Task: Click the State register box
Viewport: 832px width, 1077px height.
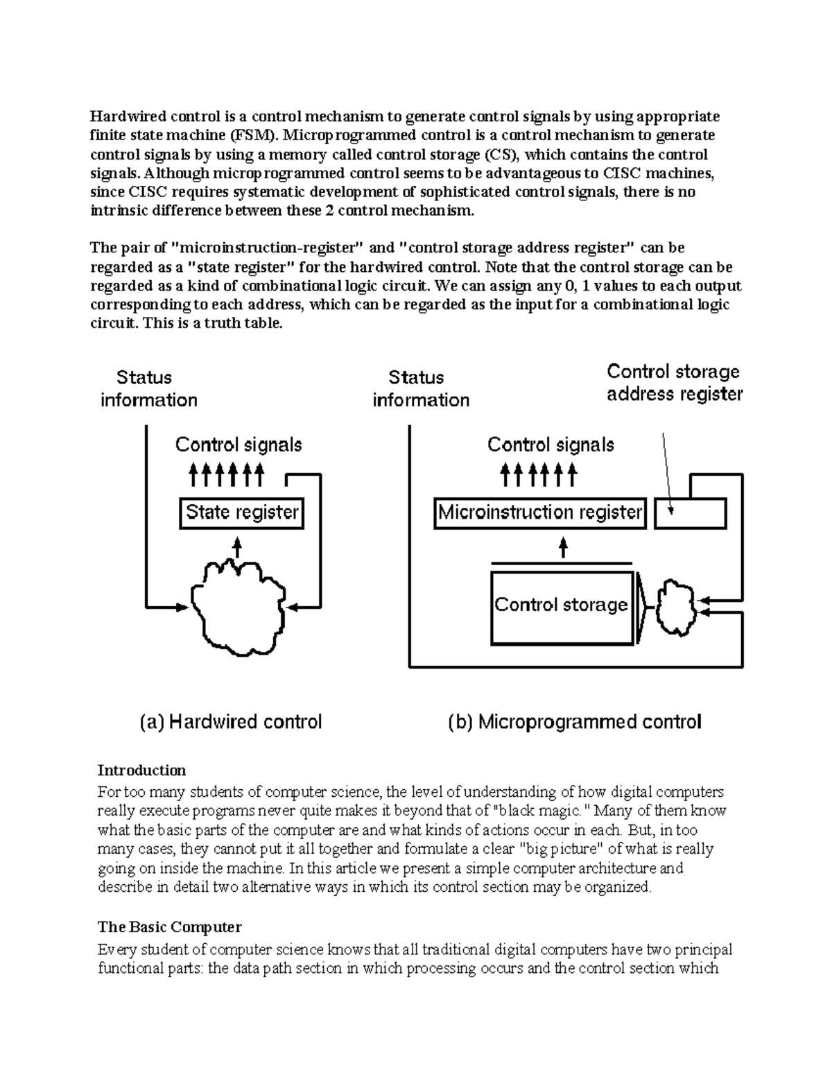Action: [x=241, y=513]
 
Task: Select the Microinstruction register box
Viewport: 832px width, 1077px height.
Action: [x=540, y=513]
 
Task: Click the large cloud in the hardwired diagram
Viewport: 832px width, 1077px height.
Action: [x=238, y=604]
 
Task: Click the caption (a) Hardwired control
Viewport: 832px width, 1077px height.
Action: [x=231, y=722]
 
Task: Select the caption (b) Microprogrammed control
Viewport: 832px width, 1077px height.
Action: [x=575, y=722]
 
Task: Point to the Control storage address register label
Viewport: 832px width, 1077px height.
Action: [x=674, y=383]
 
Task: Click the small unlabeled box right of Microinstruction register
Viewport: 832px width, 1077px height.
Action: [x=691, y=514]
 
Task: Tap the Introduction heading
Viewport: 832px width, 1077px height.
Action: [x=141, y=770]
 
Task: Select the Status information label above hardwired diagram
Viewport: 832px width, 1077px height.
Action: [x=148, y=388]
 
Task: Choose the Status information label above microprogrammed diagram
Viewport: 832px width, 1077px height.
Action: [x=420, y=388]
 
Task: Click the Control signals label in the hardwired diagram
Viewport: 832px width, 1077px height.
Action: [x=238, y=445]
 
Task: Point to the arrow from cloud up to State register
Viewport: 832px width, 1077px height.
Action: [x=237, y=547]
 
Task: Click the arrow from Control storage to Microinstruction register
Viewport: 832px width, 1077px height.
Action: [x=563, y=548]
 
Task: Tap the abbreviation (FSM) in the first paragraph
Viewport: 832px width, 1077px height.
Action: [x=253, y=135]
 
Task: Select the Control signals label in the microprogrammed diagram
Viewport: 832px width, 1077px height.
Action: [x=551, y=445]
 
